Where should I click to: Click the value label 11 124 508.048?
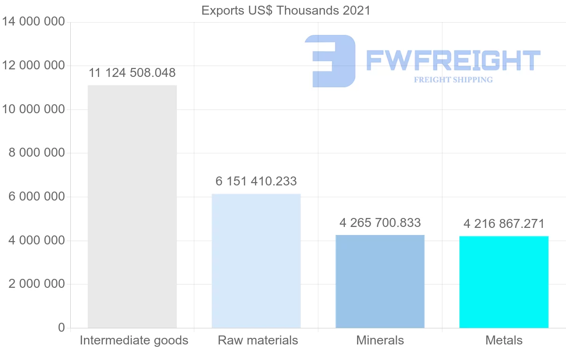[x=132, y=73]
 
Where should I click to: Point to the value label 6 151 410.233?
[x=256, y=181]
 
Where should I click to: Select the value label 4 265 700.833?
[x=380, y=222]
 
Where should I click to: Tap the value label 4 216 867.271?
[x=504, y=224]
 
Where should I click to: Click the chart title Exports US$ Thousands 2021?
[x=286, y=10]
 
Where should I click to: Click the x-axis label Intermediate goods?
[x=134, y=340]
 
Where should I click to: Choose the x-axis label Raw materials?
[x=258, y=340]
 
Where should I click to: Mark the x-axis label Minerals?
[x=380, y=340]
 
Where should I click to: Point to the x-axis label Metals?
[x=504, y=340]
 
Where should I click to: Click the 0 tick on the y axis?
[x=61, y=327]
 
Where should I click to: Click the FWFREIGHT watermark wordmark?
[x=453, y=61]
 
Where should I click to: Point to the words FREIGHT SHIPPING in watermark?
[x=453, y=80]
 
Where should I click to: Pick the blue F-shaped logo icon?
[x=330, y=61]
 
